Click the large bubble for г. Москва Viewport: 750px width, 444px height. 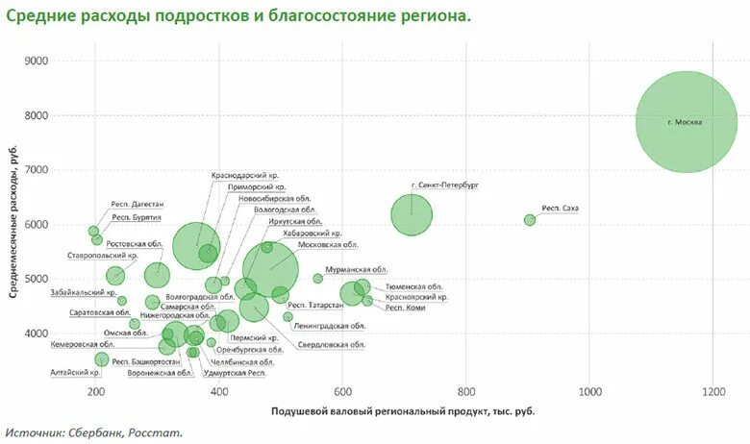(x=686, y=122)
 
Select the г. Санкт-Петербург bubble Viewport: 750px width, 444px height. (x=412, y=215)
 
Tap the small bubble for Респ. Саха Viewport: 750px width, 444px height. (x=530, y=220)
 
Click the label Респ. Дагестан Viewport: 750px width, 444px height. (x=137, y=204)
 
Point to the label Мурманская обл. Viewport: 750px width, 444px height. (x=356, y=270)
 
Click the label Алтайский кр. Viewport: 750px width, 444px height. (x=74, y=372)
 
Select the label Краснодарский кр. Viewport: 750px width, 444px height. (x=245, y=176)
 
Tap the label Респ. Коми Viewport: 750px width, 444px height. (x=406, y=309)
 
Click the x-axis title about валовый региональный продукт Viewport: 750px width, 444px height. (x=403, y=411)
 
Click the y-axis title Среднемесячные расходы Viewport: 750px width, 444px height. (x=16, y=225)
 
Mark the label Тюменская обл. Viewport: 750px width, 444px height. (x=413, y=286)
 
